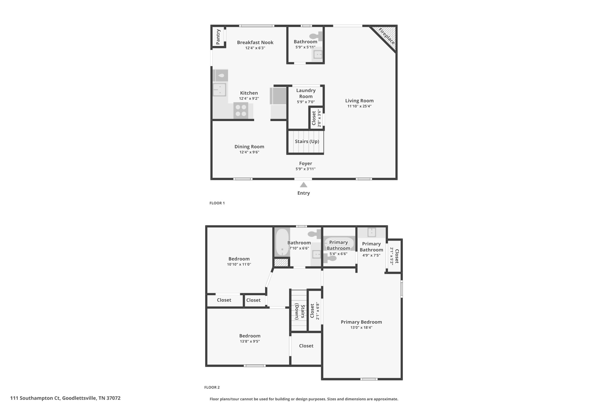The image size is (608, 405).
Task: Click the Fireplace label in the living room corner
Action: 386,36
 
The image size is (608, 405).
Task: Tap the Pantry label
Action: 218,37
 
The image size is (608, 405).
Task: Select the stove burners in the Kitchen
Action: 240,110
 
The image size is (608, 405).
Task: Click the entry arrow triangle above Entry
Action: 303,185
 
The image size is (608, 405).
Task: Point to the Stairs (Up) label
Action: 307,142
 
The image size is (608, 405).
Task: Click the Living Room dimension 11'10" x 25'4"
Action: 359,106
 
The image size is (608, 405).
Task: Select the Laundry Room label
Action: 306,93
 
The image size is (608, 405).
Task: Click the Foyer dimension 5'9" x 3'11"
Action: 305,169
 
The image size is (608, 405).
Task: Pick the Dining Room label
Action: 249,147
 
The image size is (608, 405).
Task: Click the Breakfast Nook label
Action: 255,42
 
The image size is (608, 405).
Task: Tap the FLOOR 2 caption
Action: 212,387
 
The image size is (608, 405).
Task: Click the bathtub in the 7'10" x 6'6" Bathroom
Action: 282,242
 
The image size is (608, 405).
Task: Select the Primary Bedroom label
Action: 361,322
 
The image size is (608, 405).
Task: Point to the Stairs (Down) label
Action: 300,312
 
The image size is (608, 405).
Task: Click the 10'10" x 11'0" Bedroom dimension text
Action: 239,264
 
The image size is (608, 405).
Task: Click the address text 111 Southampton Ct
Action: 35,398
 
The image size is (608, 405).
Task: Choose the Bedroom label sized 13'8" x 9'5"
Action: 250,336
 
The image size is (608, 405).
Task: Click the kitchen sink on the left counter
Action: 219,90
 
